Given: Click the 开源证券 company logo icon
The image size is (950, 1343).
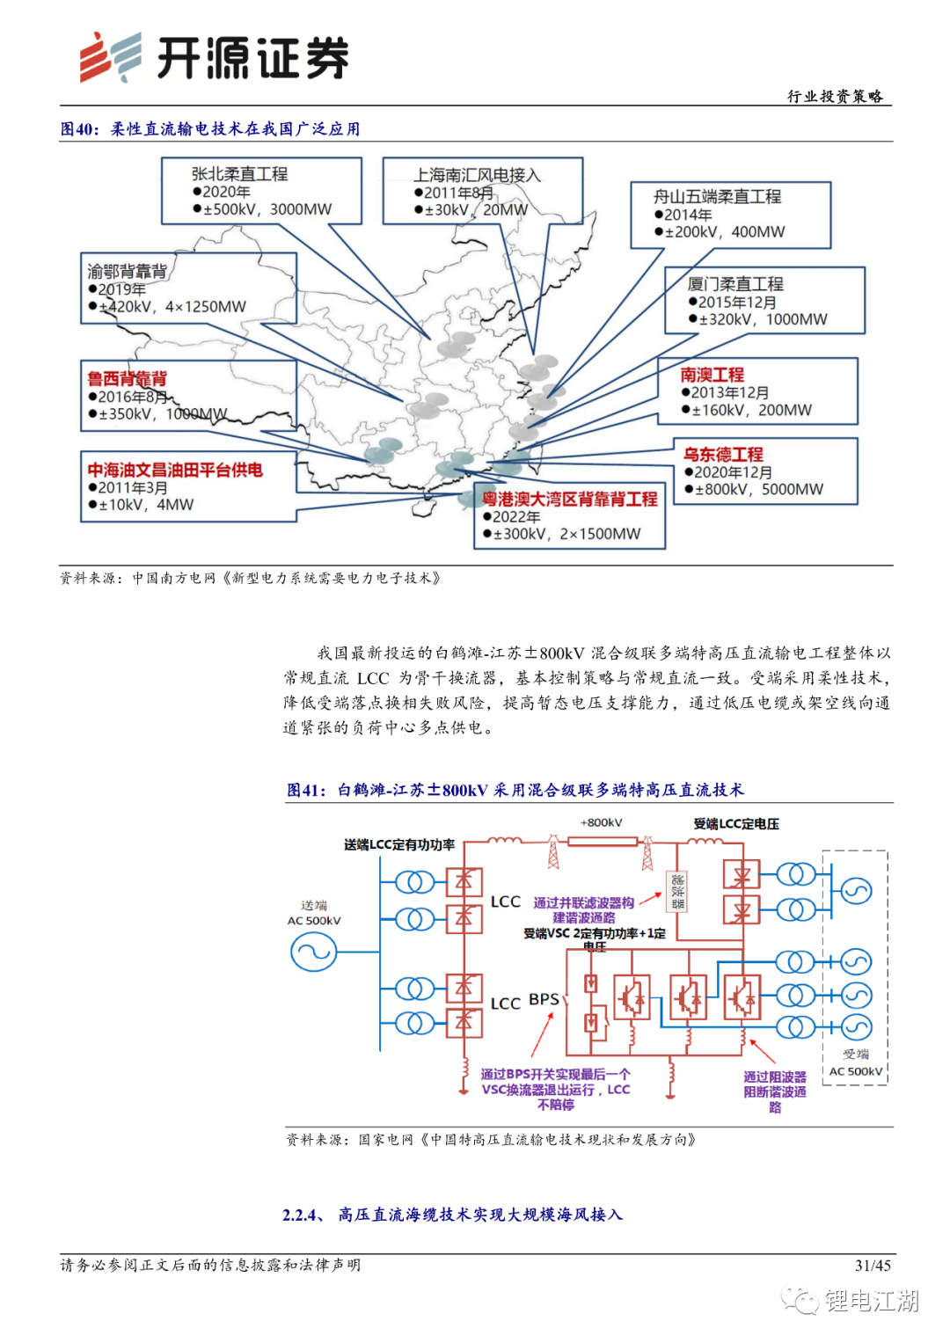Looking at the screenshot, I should coord(110,58).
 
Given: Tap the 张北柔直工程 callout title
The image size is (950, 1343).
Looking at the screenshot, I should coord(239,174).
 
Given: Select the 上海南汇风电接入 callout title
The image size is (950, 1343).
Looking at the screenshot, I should coord(477,175).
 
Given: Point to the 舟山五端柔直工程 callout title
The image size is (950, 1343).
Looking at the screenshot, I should coord(717,197).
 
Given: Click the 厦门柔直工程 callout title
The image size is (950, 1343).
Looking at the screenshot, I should coord(735,284).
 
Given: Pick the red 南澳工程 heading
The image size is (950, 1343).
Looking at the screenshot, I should coord(712,375).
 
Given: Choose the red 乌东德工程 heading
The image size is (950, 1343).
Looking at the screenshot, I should coord(723,454).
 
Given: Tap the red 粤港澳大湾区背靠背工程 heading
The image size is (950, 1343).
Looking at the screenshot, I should coord(569,500).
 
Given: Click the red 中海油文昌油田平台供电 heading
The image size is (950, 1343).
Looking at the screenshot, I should coord(175,470).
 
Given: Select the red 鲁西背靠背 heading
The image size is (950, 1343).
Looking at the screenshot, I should coord(127,378).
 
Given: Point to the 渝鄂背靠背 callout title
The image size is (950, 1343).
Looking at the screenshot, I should coord(127,271).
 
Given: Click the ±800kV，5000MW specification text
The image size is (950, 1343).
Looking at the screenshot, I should coord(759,490).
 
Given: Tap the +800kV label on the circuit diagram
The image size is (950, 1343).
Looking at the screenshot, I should coord(602,823).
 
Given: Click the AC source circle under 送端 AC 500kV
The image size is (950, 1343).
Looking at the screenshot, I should coord(313,952).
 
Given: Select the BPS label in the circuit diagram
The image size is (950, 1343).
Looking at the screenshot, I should coord(544,1000).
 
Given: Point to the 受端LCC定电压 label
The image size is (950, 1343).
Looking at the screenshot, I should coord(736,824).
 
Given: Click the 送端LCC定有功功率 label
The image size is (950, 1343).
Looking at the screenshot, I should coord(399,844).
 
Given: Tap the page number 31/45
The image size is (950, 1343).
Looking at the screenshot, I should coord(873,1266).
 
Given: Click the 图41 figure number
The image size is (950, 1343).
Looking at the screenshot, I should coord(304,790).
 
